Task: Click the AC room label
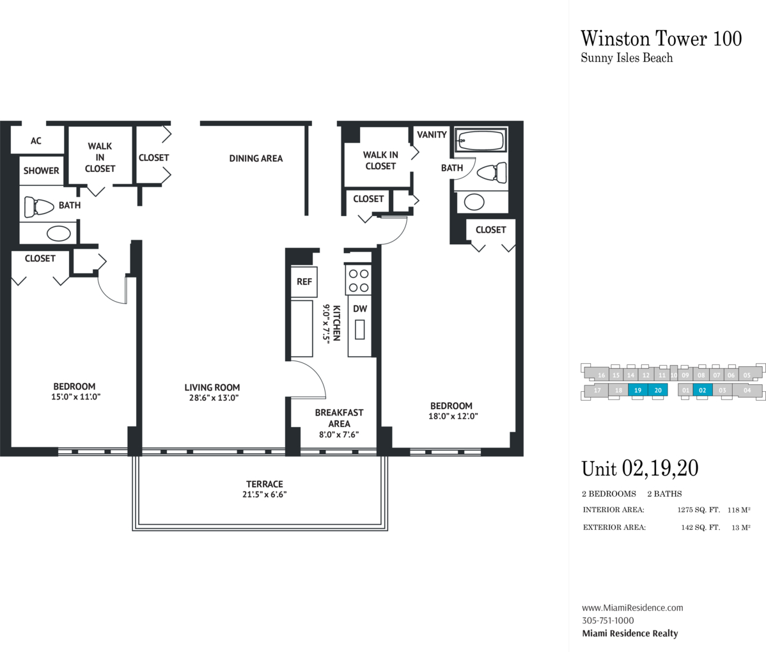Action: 36,141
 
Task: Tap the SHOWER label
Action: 41,171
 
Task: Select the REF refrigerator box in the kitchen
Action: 304,282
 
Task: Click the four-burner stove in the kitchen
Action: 358,279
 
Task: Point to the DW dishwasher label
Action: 360,309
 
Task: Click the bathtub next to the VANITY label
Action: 481,141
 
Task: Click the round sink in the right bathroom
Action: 475,202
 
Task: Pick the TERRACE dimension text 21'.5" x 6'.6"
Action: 264,494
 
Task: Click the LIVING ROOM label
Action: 212,387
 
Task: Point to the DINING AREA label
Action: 256,159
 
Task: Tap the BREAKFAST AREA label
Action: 339,418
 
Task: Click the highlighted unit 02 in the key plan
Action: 701,390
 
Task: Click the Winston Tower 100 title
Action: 661,38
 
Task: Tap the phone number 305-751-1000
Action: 607,621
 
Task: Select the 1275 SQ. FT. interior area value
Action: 699,510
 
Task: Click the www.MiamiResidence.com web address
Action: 632,608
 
